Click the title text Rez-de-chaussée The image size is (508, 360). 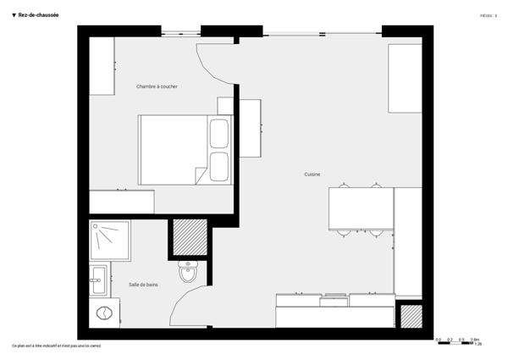tap(37, 14)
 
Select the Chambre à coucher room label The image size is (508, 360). tap(157, 86)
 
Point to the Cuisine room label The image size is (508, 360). tap(312, 174)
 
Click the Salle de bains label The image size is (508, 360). tap(143, 285)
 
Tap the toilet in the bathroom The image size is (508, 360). tap(188, 273)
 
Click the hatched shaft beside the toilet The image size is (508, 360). tap(190, 237)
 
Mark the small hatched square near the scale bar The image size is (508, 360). tap(410, 317)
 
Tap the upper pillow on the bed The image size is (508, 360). tap(218, 134)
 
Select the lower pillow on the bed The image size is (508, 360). tap(218, 166)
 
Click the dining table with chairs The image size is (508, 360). tap(361, 208)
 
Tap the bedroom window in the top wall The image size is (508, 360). tap(181, 32)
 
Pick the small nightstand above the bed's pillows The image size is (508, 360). tap(224, 105)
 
